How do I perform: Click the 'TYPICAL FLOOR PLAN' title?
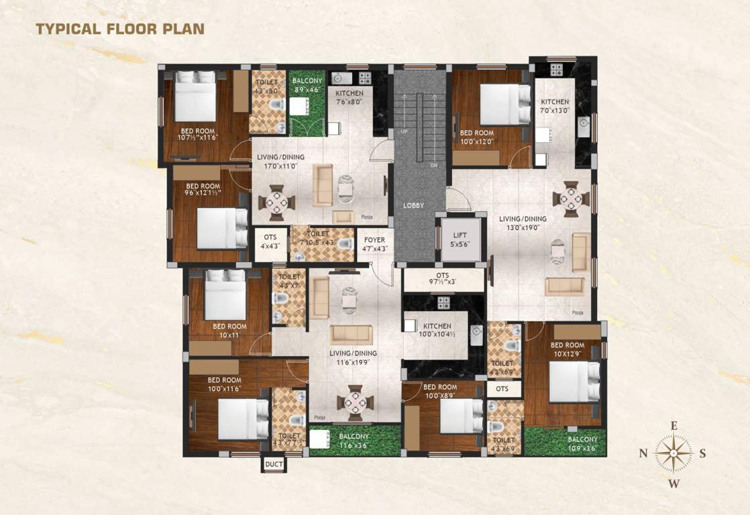click(119, 28)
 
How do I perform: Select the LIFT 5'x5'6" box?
click(460, 240)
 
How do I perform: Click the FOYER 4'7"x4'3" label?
click(374, 243)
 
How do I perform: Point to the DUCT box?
click(273, 464)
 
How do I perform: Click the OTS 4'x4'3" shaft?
click(270, 241)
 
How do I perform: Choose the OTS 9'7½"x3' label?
click(442, 279)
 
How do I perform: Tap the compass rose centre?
click(674, 453)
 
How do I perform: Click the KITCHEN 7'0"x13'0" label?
click(555, 106)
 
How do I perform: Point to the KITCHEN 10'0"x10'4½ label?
click(435, 329)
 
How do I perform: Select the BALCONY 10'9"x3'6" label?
click(582, 444)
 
